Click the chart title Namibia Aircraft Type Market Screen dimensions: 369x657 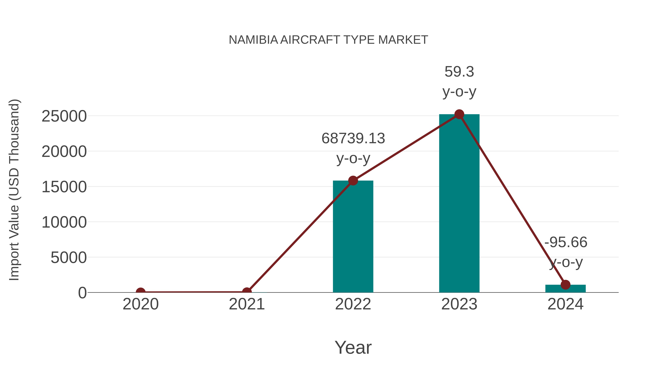pyautogui.click(x=328, y=40)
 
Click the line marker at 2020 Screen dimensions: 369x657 pyautogui.click(x=141, y=292)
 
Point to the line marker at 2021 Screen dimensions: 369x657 pyautogui.click(x=247, y=292)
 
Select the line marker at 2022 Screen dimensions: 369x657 pyautogui.click(x=353, y=181)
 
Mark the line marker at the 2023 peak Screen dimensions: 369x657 pyautogui.click(x=459, y=114)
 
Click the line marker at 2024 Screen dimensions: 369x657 pyautogui.click(x=565, y=284)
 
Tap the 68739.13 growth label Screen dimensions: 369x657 pyautogui.click(x=353, y=138)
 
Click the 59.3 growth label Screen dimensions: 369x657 pyautogui.click(x=459, y=72)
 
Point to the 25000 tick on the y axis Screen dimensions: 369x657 pyautogui.click(x=64, y=116)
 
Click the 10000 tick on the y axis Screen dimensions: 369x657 pyautogui.click(x=64, y=222)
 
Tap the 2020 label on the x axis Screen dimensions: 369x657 pyautogui.click(x=141, y=304)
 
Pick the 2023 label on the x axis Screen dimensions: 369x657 pyautogui.click(x=459, y=304)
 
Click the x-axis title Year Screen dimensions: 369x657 pyautogui.click(x=353, y=348)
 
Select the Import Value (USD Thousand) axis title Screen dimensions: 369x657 pyautogui.click(x=14, y=190)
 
